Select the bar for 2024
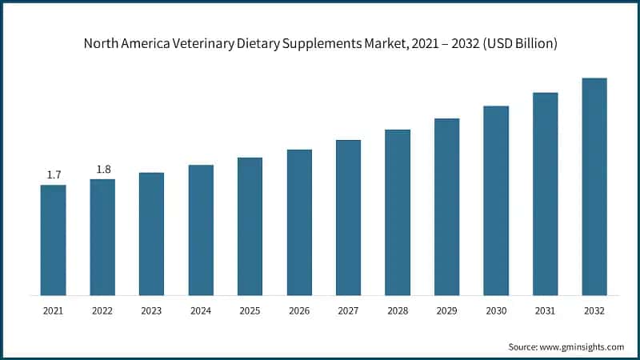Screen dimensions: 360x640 click(201, 230)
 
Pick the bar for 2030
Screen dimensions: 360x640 click(496, 201)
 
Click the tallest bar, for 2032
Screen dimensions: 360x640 click(594, 186)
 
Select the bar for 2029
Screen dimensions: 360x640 click(446, 207)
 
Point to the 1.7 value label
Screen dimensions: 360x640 click(54, 174)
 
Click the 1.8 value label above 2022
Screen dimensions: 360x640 click(103, 169)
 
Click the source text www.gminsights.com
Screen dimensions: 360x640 click(582, 346)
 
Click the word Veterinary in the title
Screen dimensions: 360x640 click(192, 44)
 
